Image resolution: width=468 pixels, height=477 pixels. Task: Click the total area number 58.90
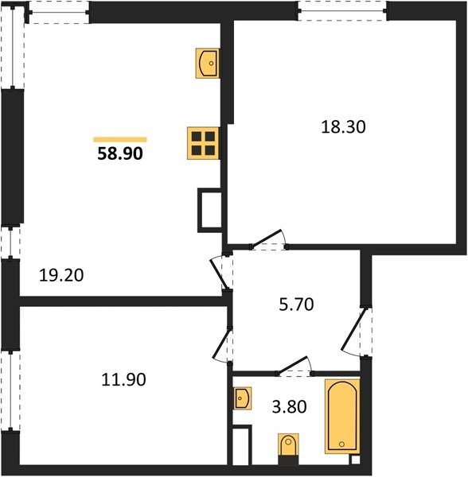point(119,154)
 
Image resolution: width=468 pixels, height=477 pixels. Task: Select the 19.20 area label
point(61,276)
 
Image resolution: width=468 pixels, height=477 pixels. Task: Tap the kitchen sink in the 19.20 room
point(207,63)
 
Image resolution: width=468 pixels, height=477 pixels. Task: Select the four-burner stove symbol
point(204,144)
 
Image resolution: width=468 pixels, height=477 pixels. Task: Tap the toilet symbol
point(287,447)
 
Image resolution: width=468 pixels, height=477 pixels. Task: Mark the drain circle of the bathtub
point(341,443)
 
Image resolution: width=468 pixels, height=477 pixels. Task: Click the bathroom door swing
point(295,365)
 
